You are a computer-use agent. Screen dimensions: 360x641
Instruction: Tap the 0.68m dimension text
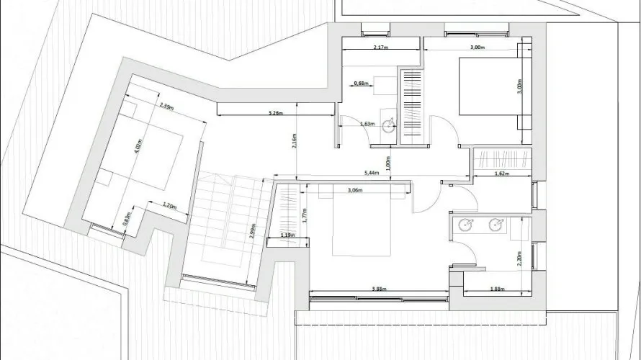(x=362, y=84)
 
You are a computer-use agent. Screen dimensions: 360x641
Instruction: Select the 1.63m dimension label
(x=367, y=124)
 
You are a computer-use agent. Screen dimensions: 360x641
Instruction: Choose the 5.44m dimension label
(x=372, y=173)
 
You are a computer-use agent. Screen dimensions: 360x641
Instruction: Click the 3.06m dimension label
(x=354, y=190)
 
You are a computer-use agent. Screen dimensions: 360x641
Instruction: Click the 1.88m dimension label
(x=496, y=289)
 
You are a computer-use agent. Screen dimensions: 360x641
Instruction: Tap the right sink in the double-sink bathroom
(x=496, y=225)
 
